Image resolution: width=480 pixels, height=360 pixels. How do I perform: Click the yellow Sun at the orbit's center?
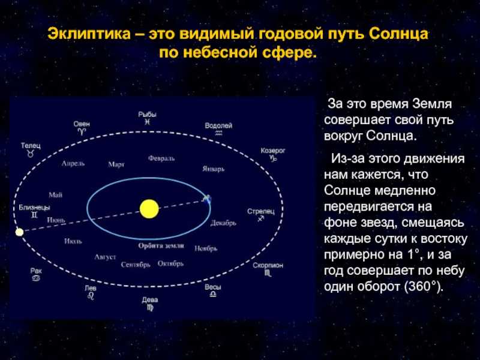(x=149, y=209)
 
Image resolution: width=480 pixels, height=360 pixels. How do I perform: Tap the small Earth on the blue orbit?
(x=207, y=199)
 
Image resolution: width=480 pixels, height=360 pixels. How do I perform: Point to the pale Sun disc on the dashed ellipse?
(x=19, y=232)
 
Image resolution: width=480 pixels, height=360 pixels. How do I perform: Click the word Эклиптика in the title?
(x=89, y=34)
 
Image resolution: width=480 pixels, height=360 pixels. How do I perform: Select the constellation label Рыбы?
(x=147, y=115)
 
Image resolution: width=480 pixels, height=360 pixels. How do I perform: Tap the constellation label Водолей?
(x=218, y=125)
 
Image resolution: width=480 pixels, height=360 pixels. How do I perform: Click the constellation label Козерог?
(x=273, y=151)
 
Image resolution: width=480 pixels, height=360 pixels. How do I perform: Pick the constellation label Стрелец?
(x=261, y=211)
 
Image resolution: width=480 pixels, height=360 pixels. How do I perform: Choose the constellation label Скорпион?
(x=268, y=265)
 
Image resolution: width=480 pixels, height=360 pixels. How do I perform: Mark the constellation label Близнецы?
(x=34, y=208)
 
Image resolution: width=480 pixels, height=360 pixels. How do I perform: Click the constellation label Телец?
(x=31, y=145)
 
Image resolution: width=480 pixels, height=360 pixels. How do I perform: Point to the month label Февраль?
(x=161, y=158)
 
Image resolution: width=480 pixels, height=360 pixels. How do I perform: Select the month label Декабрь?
(x=223, y=223)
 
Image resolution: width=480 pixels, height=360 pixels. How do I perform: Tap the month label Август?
(x=105, y=257)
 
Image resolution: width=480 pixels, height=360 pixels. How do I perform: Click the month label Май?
(x=55, y=194)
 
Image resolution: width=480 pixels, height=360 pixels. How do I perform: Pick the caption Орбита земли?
(x=161, y=246)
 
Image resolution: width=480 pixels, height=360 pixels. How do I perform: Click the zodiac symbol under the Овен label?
(x=82, y=131)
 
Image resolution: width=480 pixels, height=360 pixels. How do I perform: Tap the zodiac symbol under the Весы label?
(x=213, y=294)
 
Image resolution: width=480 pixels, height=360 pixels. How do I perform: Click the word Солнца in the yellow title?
(x=398, y=34)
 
